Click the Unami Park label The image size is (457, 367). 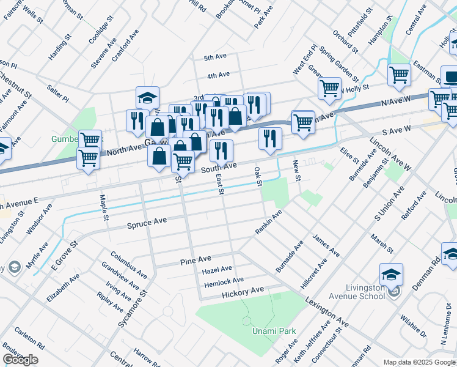[274, 331]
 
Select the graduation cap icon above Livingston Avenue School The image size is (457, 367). [391, 274]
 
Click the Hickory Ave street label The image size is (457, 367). [243, 290]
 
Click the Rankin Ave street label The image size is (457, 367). [268, 223]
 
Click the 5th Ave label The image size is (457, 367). [215, 57]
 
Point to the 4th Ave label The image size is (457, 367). [218, 75]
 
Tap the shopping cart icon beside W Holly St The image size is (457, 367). [329, 88]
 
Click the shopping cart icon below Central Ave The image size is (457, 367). [399, 75]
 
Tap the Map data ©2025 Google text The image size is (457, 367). [419, 362]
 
